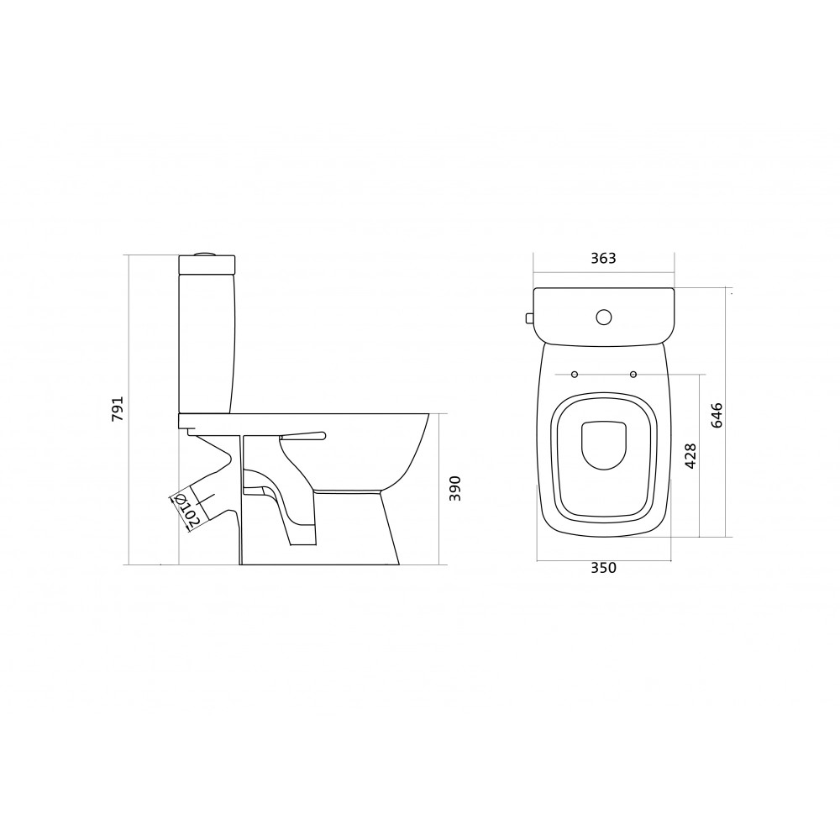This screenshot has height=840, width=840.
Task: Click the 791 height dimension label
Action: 118,409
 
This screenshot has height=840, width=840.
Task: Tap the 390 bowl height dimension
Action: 454,488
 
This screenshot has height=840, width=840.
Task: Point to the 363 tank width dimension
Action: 604,258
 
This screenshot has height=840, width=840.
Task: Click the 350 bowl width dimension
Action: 604,568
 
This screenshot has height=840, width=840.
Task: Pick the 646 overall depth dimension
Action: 717,415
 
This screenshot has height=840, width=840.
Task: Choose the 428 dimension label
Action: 690,456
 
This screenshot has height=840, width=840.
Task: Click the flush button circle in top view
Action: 604,318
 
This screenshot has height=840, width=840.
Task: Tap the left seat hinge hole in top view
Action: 575,374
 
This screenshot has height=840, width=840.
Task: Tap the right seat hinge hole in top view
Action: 633,374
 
